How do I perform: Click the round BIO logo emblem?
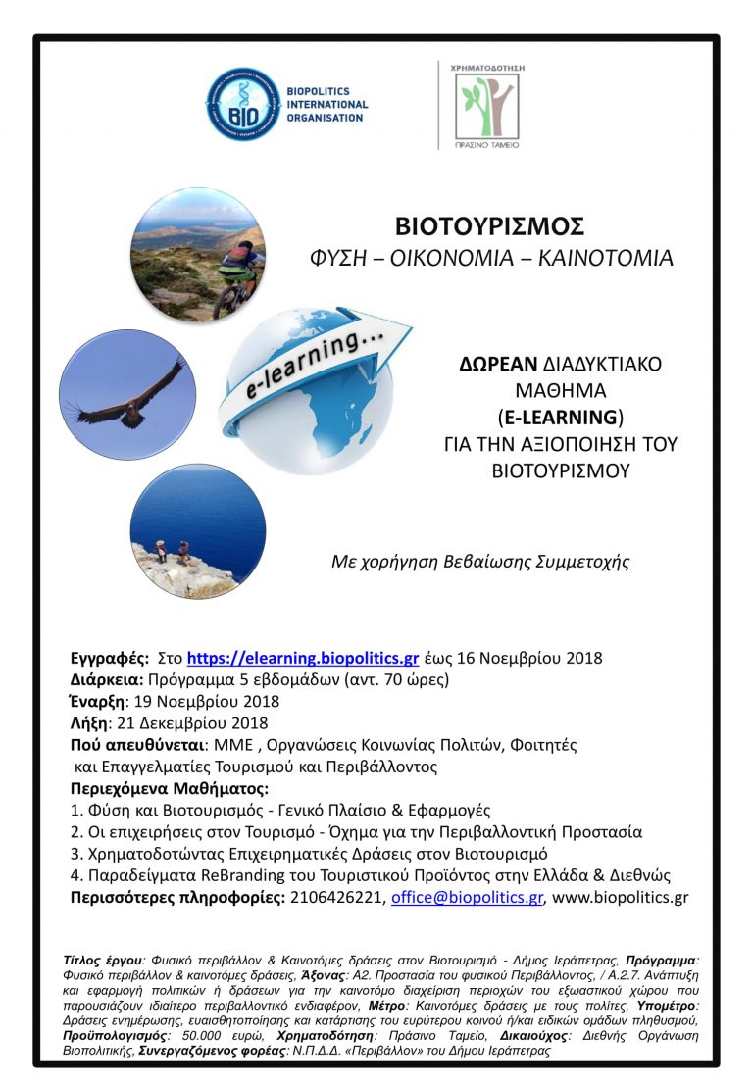click(x=240, y=104)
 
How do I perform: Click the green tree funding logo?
click(x=486, y=104)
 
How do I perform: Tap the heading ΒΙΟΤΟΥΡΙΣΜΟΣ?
click(x=489, y=226)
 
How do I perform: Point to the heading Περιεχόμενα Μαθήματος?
click(x=169, y=788)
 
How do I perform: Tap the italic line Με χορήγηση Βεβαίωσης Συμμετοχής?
click(x=480, y=563)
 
